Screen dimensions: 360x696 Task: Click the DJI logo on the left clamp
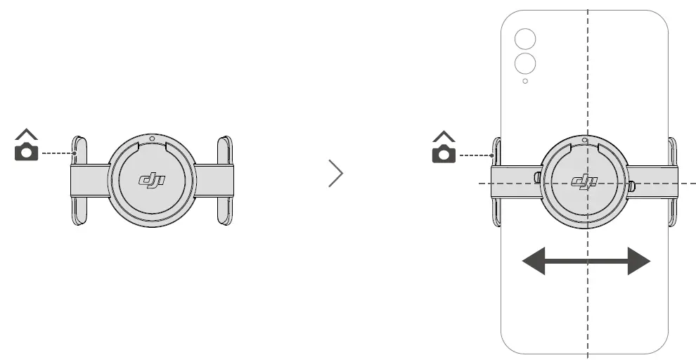[153, 181]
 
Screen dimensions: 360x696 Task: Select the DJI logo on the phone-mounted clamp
[584, 183]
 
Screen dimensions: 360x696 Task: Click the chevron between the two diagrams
[336, 174]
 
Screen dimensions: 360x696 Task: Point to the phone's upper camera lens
[524, 39]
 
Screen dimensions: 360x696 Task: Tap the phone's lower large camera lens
[525, 64]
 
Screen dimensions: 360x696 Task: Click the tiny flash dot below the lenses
[525, 82]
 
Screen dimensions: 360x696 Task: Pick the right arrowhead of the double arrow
[638, 262]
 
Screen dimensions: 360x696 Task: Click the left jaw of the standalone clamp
[80, 181]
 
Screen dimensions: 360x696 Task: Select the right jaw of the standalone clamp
[224, 181]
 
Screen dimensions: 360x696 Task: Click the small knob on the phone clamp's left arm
[538, 177]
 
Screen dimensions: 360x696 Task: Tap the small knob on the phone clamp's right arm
[631, 186]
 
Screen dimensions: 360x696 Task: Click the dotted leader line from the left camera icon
[58, 153]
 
